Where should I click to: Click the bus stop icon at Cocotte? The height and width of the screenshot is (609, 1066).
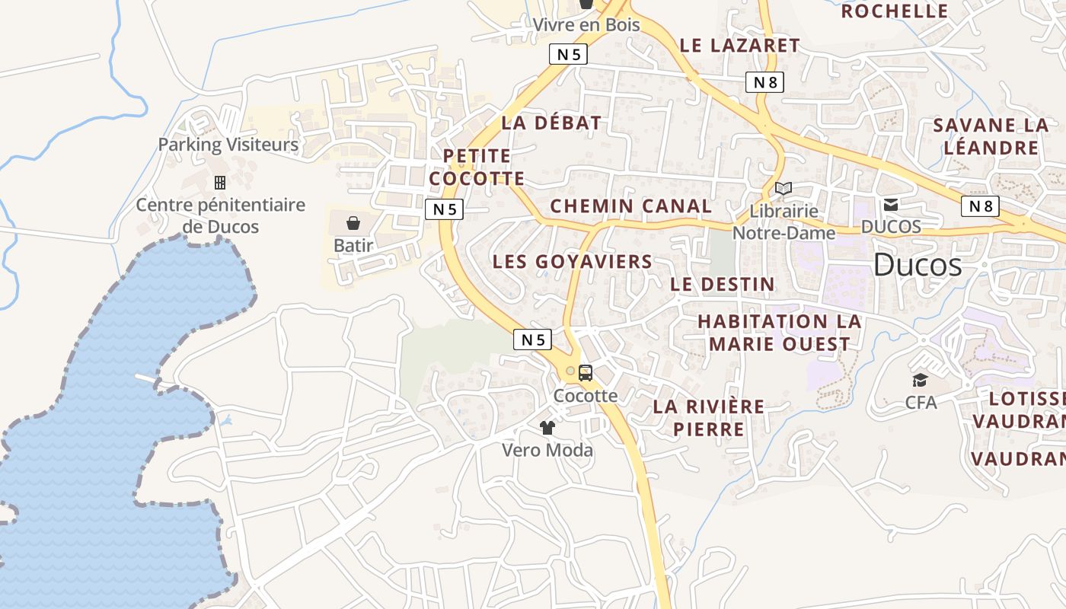click(585, 373)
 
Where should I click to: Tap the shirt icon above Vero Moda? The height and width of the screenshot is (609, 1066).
click(547, 427)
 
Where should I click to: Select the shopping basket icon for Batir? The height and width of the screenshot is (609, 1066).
click(353, 223)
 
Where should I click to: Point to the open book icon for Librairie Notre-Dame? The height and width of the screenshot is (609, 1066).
click(784, 188)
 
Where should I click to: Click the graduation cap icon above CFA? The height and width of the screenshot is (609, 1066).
click(921, 380)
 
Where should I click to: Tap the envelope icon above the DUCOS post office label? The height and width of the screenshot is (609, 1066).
click(890, 204)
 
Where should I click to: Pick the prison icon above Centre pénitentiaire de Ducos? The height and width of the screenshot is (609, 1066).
click(220, 183)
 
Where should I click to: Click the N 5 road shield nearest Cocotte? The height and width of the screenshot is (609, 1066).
click(532, 340)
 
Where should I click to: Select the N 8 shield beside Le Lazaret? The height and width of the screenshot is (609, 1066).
click(764, 82)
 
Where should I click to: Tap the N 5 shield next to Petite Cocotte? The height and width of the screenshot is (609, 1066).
click(444, 209)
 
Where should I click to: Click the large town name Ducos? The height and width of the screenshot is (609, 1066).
click(917, 265)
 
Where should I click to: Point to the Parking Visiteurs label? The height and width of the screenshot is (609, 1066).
click(228, 144)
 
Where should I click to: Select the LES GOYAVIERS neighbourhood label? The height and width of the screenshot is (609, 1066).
click(572, 262)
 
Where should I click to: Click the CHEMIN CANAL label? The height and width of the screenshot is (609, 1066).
click(630, 206)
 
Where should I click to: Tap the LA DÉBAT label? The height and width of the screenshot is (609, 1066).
click(551, 123)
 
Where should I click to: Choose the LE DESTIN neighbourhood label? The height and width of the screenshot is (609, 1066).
click(722, 285)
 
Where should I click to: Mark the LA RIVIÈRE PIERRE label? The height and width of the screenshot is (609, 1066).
click(708, 417)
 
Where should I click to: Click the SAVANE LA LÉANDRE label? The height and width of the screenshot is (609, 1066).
click(991, 136)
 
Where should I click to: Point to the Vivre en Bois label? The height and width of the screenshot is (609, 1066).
click(586, 24)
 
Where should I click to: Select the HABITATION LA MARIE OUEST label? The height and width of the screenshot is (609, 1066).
click(779, 333)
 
